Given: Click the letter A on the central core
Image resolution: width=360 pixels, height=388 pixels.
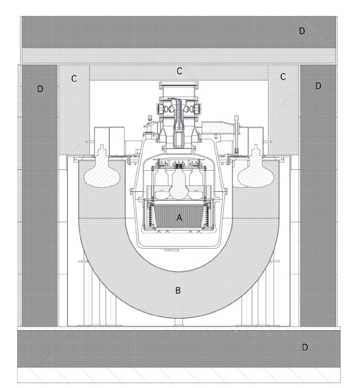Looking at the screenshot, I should [179, 217].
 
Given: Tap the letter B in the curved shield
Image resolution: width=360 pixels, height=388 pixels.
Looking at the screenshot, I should [178, 290].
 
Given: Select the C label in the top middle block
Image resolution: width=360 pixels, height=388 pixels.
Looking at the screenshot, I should [179, 71].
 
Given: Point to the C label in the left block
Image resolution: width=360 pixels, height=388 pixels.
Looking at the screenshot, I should [74, 78].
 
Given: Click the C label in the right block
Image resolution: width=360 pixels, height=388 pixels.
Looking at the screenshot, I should [283, 77].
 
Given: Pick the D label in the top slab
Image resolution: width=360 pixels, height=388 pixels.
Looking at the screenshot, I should [302, 30].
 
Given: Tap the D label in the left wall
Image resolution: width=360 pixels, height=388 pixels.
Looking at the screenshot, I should [40, 89].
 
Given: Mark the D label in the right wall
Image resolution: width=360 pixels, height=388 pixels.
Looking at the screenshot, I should [318, 85].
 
